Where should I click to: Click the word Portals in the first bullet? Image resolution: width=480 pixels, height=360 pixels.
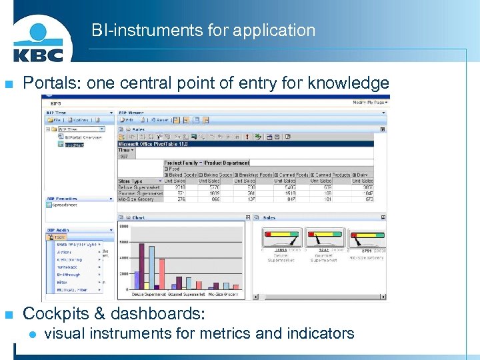click(x=46, y=83)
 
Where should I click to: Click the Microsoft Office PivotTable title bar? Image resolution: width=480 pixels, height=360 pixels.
click(x=153, y=143)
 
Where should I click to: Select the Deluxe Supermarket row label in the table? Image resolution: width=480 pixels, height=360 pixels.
click(x=137, y=187)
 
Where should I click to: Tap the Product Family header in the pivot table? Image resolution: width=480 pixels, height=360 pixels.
click(x=181, y=163)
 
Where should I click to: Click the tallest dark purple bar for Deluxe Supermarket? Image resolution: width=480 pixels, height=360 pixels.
click(x=141, y=267)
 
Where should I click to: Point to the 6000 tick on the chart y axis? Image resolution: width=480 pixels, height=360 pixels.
click(x=123, y=243)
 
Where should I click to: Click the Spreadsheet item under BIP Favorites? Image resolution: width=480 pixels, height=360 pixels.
click(x=66, y=205)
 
